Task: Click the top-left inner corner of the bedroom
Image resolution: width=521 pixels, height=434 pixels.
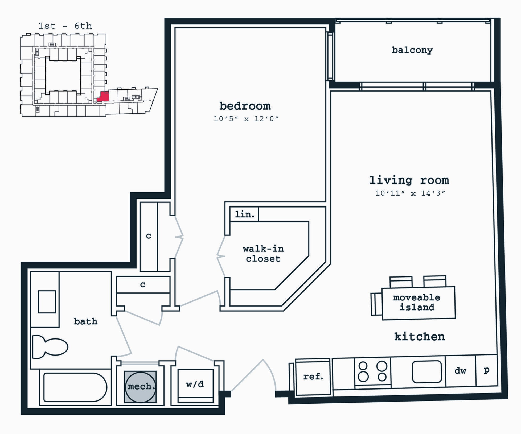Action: [x=175, y=28]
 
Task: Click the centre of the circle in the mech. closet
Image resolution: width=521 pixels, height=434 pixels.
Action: [x=140, y=387]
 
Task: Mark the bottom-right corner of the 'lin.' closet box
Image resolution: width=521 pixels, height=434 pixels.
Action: [x=258, y=221]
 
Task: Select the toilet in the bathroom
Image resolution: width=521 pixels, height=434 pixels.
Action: [x=50, y=347]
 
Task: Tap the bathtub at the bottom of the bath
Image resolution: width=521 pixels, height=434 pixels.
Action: [x=75, y=387]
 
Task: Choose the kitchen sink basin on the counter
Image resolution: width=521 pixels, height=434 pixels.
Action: [x=427, y=371]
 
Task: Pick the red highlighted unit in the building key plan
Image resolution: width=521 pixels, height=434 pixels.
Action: [x=103, y=96]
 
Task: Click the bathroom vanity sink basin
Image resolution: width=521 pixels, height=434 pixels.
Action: [x=47, y=302]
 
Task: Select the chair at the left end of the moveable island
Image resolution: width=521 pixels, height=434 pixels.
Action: [x=376, y=304]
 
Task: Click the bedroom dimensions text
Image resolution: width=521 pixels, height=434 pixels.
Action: [x=246, y=119]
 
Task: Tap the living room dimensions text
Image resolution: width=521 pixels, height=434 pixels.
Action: [x=410, y=193]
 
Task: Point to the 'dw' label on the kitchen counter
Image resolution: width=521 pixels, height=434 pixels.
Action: [x=460, y=370]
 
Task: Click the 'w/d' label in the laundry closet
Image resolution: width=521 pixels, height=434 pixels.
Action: [x=195, y=384]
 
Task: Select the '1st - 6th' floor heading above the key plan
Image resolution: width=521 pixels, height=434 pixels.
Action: [x=65, y=26]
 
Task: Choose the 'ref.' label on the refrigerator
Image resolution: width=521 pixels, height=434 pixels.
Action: [x=313, y=377]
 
